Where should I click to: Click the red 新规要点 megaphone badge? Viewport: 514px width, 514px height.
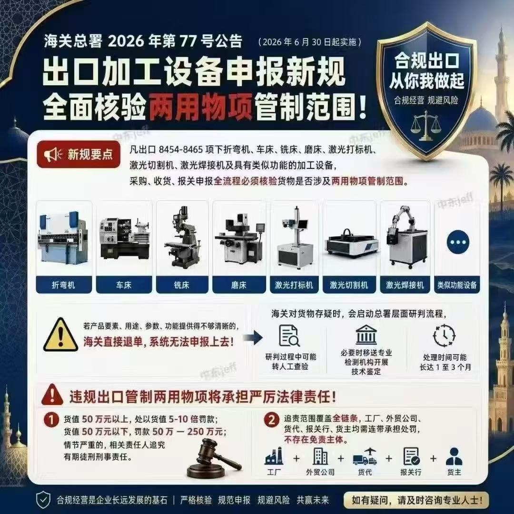(x=79, y=154)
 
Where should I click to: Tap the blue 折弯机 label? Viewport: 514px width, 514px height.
(x=64, y=285)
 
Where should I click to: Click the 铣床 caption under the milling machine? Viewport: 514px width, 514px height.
(x=182, y=285)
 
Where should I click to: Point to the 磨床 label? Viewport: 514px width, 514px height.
(x=239, y=285)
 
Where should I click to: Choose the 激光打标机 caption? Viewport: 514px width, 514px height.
(x=294, y=285)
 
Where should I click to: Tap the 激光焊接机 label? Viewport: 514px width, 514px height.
(x=405, y=285)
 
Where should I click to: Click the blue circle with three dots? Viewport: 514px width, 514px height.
(x=458, y=242)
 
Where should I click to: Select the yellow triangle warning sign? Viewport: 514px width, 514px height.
(x=60, y=335)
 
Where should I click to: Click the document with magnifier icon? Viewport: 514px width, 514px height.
(x=289, y=336)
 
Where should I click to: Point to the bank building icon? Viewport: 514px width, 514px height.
(x=366, y=334)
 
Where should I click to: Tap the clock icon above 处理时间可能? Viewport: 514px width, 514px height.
(x=445, y=336)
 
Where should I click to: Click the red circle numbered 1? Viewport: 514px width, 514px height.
(x=51, y=420)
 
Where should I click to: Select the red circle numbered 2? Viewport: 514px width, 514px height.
(x=272, y=420)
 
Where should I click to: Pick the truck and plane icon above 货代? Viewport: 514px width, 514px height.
(x=365, y=456)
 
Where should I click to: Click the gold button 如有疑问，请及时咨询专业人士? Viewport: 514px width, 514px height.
(x=416, y=500)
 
